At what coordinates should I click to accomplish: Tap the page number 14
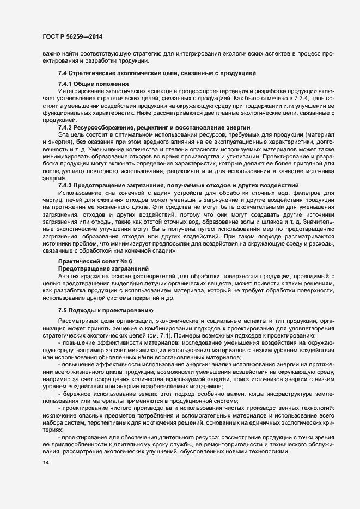pyautogui.click(x=46, y=463)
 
